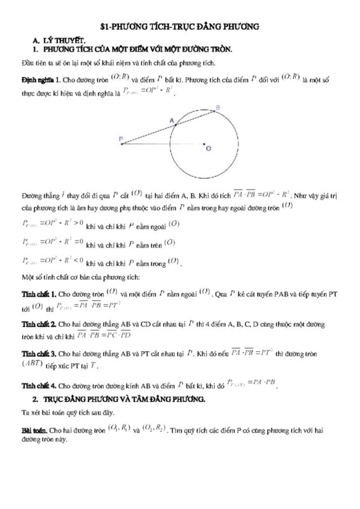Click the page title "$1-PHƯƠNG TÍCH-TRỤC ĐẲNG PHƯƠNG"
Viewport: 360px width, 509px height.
click(180, 27)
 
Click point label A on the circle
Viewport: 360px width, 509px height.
click(171, 120)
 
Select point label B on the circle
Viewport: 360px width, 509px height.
click(218, 108)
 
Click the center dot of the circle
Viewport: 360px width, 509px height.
click(204, 144)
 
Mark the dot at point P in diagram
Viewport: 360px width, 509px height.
click(122, 144)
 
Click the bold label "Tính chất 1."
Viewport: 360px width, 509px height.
click(39, 294)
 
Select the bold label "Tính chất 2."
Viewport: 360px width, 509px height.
click(39, 324)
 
